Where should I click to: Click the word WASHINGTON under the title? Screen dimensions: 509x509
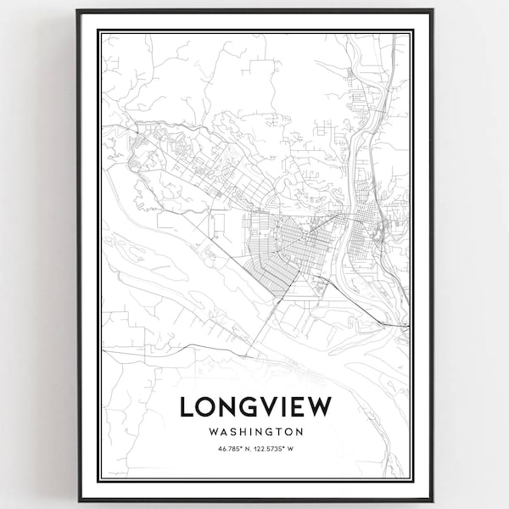pyautogui.click(x=255, y=431)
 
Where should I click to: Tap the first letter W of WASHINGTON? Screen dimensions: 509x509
pyautogui.click(x=210, y=431)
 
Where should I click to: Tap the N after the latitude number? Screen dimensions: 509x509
pyautogui.click(x=248, y=450)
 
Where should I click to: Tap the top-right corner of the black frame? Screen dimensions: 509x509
pyautogui.click(x=432, y=10)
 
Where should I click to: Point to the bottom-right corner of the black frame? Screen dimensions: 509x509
pyautogui.click(x=432, y=500)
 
